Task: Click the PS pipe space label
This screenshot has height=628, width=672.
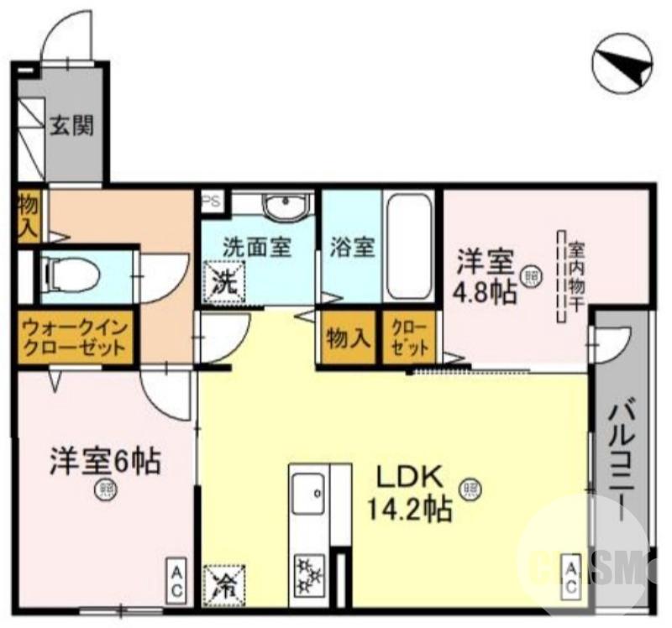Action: [x=211, y=201]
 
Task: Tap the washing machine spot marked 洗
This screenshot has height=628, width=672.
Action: [x=223, y=280]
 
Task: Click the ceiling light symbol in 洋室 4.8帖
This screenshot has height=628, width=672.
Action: [x=531, y=276]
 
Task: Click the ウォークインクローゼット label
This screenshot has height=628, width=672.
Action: [x=75, y=338]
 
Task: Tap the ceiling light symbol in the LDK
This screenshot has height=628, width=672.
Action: [x=470, y=487]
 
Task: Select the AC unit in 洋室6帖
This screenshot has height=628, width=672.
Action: [x=177, y=581]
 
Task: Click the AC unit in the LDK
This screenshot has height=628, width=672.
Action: [x=569, y=578]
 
